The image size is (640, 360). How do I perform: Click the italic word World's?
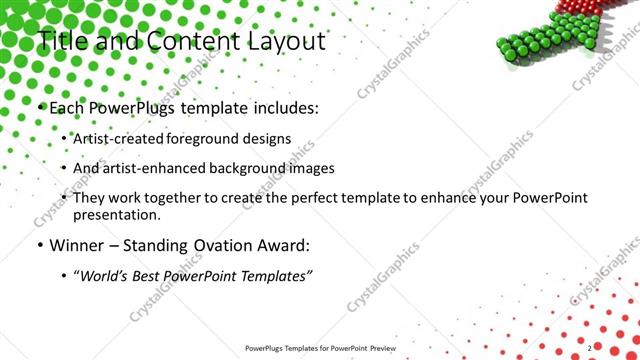click(x=105, y=275)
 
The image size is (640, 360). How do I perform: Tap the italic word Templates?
click(x=275, y=275)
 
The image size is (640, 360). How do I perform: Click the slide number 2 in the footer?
click(x=590, y=347)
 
